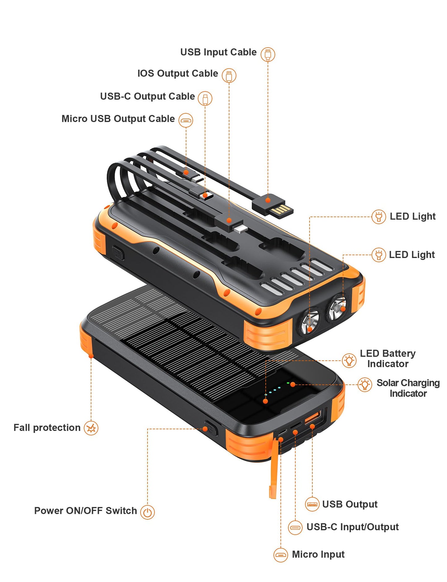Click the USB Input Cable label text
pyautogui.click(x=218, y=52)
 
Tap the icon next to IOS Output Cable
pyautogui.click(x=229, y=75)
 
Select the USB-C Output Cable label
pyautogui.click(x=147, y=96)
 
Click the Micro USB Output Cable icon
pyautogui.click(x=186, y=120)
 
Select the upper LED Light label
pyautogui.click(x=412, y=216)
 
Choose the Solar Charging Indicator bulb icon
pyautogui.click(x=365, y=385)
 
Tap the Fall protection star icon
pyautogui.click(x=91, y=428)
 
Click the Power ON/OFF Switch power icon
pyautogui.click(x=147, y=512)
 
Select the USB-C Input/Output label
pyautogui.click(x=352, y=527)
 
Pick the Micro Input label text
pyautogui.click(x=318, y=554)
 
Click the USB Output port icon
pyautogui.click(x=312, y=504)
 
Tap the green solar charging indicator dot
pyautogui.click(x=288, y=383)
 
